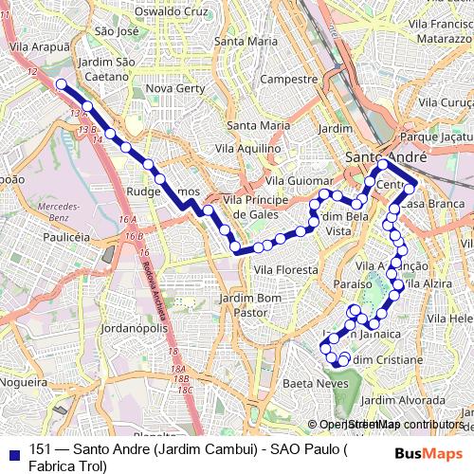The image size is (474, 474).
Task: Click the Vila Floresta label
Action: coord(285,270)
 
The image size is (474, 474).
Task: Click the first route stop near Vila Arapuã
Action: coord(62,84)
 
